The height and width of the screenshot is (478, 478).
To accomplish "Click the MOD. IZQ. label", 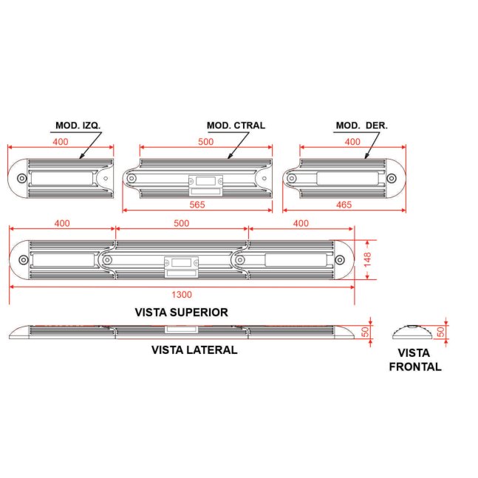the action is pyautogui.click(x=78, y=126).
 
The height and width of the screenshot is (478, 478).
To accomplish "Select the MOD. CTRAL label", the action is pyautogui.click(x=236, y=126).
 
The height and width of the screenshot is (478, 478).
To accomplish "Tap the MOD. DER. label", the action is pyautogui.click(x=361, y=126).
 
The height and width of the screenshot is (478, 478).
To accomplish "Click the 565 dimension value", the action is pyautogui.click(x=197, y=205).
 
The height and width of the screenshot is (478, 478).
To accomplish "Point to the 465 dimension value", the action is pyautogui.click(x=344, y=205).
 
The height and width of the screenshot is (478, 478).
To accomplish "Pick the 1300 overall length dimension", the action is pyautogui.click(x=182, y=295).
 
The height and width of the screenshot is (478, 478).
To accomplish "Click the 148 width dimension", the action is pyautogui.click(x=367, y=259).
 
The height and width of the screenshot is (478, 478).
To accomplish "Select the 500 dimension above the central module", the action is pyautogui.click(x=206, y=142).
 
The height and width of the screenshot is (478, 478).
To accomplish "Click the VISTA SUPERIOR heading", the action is pyautogui.click(x=182, y=313).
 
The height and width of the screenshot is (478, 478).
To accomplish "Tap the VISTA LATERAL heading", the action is pyautogui.click(x=194, y=349).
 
